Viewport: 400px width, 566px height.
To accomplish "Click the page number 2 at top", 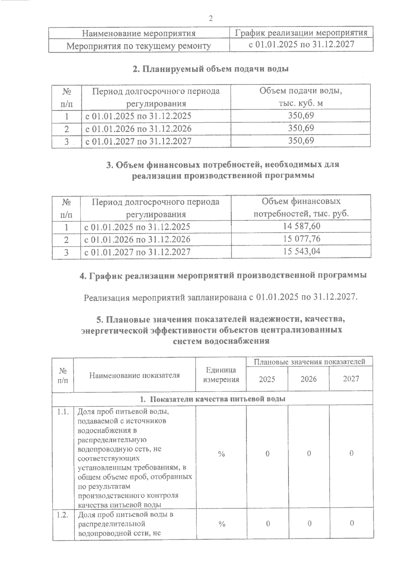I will click(x=210, y=18).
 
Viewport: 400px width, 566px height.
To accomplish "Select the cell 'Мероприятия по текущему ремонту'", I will click(x=139, y=46).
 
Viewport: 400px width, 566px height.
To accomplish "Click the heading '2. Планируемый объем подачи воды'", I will click(x=210, y=69).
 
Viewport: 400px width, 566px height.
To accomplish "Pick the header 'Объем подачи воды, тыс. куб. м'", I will click(x=301, y=97).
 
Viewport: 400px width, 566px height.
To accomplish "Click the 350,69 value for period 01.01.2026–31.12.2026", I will click(x=301, y=128).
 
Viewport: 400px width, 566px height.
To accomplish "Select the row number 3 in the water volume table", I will click(x=67, y=141).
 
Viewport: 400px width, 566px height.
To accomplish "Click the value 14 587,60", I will click(x=301, y=226).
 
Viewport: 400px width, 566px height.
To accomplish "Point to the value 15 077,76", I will click(x=301, y=239).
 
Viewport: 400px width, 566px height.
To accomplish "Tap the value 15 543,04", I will click(x=301, y=251).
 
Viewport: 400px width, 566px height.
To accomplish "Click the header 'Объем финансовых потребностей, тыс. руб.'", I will click(x=301, y=207).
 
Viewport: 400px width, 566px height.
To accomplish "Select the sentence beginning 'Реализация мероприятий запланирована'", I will click(x=220, y=297).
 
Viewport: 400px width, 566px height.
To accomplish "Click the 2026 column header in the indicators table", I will click(x=308, y=379).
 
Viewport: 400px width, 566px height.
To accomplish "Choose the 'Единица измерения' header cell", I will click(x=221, y=375).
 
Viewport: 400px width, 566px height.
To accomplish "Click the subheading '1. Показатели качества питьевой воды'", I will click(x=212, y=399).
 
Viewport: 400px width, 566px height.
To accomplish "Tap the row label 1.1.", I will click(x=63, y=412).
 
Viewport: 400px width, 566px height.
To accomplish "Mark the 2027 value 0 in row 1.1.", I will click(x=351, y=453).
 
